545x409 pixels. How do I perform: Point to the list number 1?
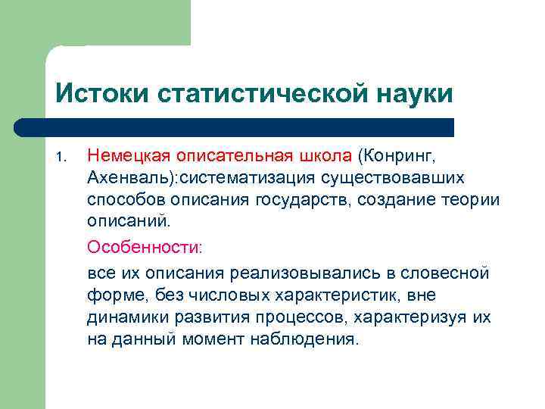tap(61, 158)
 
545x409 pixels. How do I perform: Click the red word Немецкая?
tap(129, 156)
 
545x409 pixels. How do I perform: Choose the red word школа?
tap(323, 156)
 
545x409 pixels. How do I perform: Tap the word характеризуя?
tap(404, 317)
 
